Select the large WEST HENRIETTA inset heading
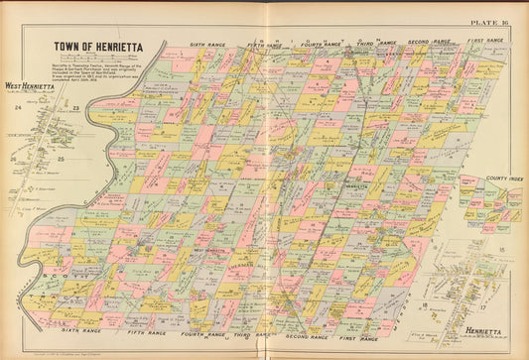click(30, 86)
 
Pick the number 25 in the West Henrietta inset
click(61, 159)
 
